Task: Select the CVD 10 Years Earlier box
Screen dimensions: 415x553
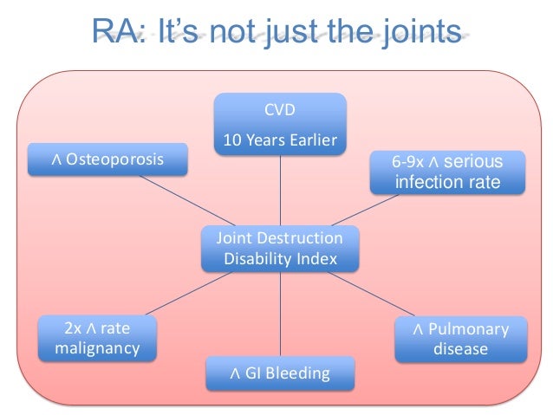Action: pos(280,126)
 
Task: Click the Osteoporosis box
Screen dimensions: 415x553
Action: pos(107,159)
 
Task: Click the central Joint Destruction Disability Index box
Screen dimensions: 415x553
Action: pos(280,248)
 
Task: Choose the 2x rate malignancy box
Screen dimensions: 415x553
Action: pos(97,339)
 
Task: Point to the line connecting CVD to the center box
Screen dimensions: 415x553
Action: pos(280,191)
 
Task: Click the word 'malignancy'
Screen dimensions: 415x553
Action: pos(97,348)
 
